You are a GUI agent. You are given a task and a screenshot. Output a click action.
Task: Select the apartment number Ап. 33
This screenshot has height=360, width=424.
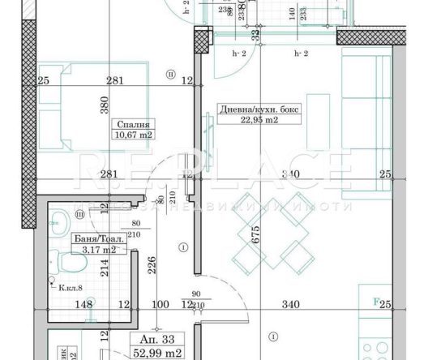[x=151, y=338]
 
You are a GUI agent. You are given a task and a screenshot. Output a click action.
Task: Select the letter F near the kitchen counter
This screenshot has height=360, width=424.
[x=375, y=301]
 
